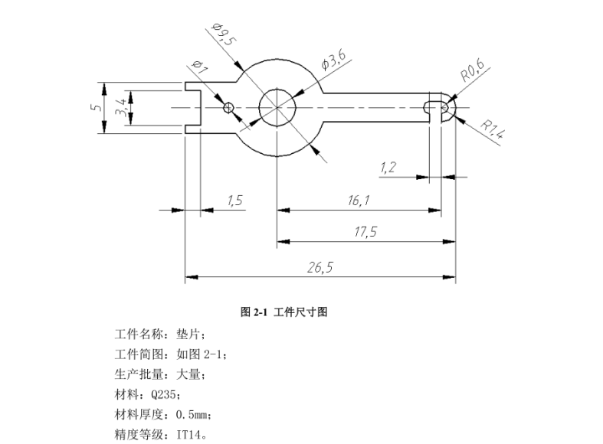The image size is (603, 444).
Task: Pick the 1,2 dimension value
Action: [x=388, y=167]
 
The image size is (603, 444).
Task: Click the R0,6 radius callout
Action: [x=472, y=74]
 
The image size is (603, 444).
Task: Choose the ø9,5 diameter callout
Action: [x=224, y=35]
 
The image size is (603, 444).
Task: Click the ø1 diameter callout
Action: [x=197, y=70]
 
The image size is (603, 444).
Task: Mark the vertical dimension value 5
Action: [x=95, y=107]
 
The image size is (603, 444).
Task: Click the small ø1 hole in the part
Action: [x=227, y=107]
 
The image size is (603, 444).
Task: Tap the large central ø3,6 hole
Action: [x=276, y=107]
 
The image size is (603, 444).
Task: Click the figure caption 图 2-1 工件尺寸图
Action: [x=284, y=312]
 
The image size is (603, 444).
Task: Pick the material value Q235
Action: [x=166, y=395]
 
